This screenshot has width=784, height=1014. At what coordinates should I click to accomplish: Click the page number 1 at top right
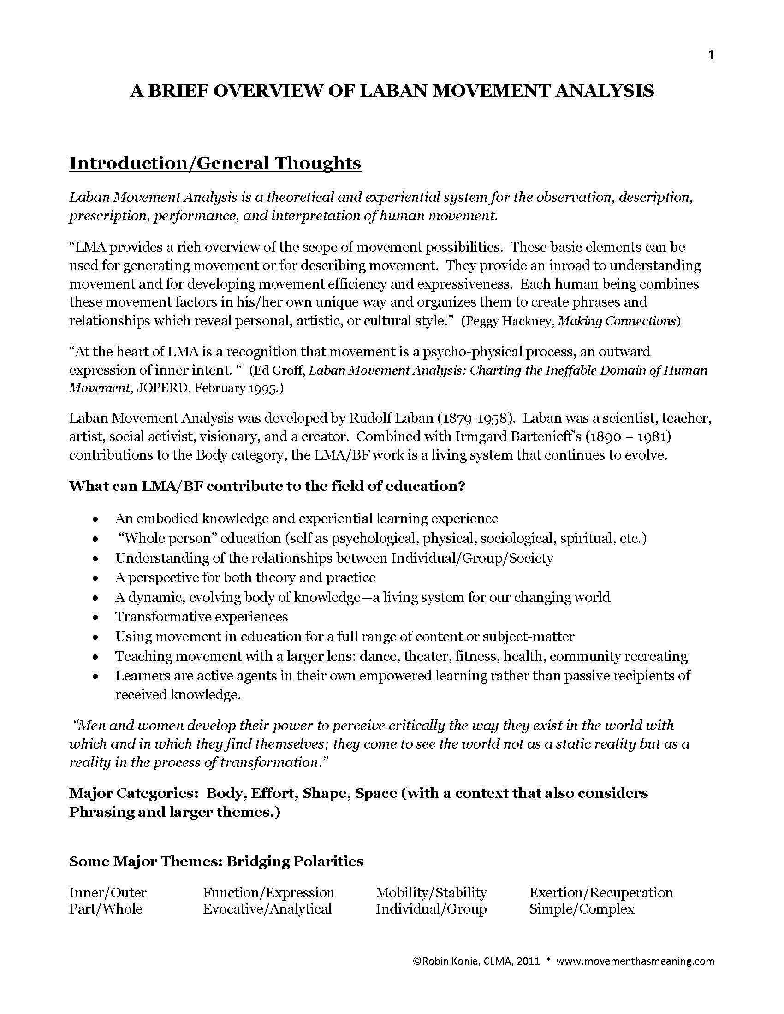tap(711, 56)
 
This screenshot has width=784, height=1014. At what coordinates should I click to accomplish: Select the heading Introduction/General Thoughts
tap(215, 164)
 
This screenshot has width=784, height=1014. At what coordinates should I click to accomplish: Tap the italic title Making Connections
tap(617, 321)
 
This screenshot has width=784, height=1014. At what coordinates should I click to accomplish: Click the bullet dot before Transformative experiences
tap(95, 618)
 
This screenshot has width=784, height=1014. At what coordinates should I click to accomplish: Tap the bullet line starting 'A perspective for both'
tap(245, 578)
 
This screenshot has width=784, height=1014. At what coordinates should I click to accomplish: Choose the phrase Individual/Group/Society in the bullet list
tap(472, 558)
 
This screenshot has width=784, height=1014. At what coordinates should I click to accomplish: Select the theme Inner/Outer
tap(108, 893)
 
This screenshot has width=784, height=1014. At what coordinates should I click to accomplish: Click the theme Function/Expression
tap(268, 893)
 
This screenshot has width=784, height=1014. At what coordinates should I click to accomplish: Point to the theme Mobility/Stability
tap(431, 893)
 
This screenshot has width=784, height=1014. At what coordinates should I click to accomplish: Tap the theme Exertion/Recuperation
tap(601, 893)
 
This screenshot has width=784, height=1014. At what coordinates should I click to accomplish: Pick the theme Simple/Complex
tap(582, 909)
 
